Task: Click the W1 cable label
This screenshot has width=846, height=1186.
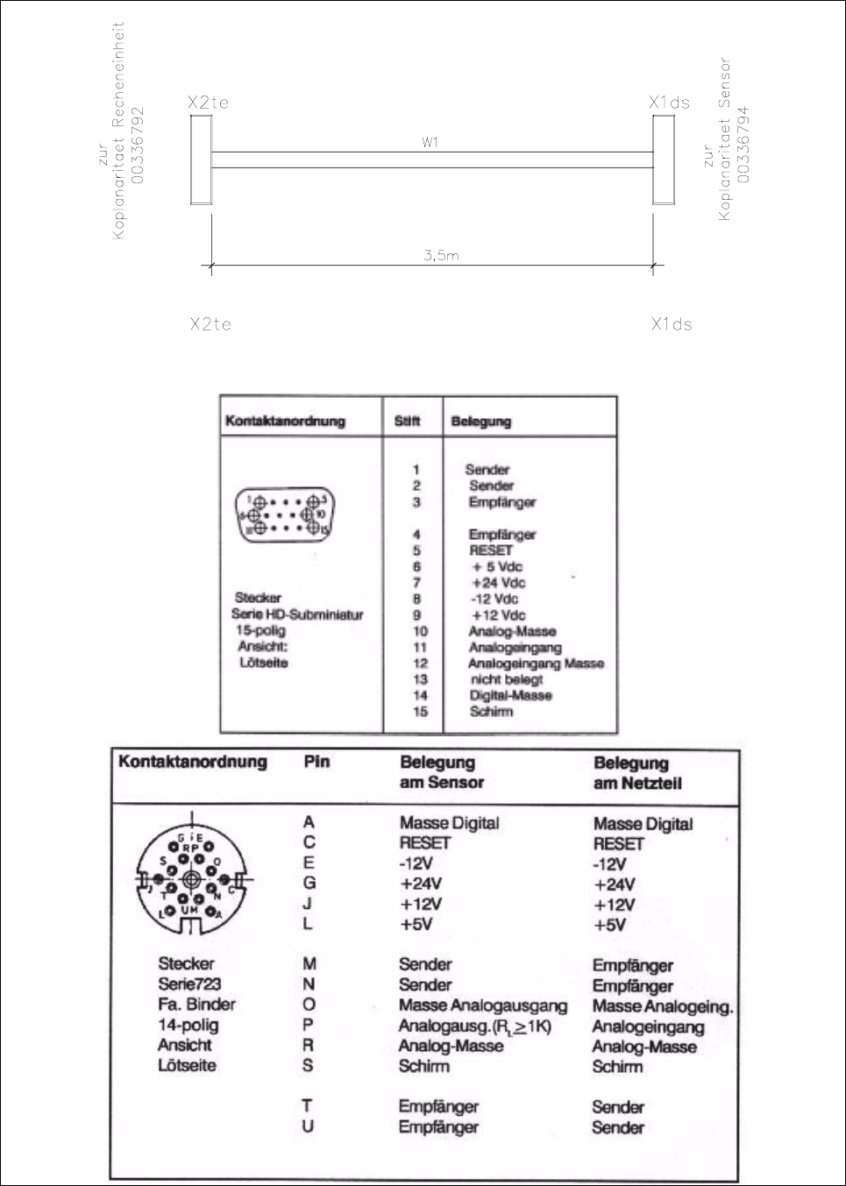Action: [x=430, y=142]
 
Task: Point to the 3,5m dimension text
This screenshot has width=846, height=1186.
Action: [x=441, y=255]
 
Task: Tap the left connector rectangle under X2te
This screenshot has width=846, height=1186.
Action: [x=201, y=160]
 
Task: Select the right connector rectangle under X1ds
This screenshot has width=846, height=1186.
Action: [x=664, y=160]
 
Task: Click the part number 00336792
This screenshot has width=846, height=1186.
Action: [x=138, y=146]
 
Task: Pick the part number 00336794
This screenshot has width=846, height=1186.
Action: [x=743, y=145]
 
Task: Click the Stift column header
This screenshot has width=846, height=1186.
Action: [x=408, y=421]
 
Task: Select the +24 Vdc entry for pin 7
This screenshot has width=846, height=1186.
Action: [x=498, y=583]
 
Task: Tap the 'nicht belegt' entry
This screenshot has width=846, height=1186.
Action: [x=507, y=679]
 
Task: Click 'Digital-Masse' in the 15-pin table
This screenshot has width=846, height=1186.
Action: [x=510, y=695]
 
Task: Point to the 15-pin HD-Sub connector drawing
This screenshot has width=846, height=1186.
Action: [x=284, y=515]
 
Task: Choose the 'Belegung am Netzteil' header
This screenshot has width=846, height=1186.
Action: [x=637, y=773]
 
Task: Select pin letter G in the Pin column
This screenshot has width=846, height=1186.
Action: [x=309, y=883]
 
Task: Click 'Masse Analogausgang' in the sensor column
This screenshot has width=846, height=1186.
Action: [x=482, y=1005]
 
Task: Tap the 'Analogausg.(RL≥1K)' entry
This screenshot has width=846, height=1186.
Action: [x=474, y=1026]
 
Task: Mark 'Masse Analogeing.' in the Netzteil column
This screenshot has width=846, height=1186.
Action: [x=663, y=1006]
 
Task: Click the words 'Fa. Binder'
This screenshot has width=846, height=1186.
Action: [x=196, y=1005]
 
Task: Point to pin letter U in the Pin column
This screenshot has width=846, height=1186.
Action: [x=308, y=1126]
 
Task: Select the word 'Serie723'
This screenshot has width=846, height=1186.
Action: [x=189, y=984]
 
